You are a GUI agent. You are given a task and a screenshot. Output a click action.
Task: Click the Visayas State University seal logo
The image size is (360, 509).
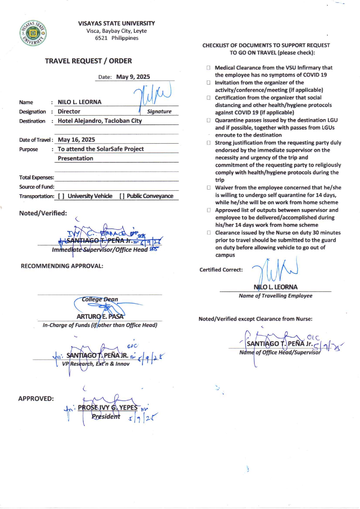33,33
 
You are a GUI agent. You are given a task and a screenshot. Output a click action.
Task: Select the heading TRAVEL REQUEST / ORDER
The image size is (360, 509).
88,61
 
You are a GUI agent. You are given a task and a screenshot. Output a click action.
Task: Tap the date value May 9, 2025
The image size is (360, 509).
133,77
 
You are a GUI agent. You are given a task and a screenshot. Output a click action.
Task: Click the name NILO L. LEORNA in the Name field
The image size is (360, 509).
80,102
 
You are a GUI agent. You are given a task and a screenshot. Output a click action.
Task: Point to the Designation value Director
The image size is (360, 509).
69,111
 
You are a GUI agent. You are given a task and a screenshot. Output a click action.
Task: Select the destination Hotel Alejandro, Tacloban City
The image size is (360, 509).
100,121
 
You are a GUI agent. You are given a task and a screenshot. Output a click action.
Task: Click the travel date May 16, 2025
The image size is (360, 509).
76,140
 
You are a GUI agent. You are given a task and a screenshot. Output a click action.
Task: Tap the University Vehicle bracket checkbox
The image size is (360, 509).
61,196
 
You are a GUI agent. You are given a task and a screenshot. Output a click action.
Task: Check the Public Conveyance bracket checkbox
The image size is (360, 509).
122,196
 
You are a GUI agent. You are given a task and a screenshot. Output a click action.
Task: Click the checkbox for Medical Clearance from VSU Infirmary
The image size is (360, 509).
208,68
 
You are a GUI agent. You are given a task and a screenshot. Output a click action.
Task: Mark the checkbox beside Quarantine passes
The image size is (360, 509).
208,120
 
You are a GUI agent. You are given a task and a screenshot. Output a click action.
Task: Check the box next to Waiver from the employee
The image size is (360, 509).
208,188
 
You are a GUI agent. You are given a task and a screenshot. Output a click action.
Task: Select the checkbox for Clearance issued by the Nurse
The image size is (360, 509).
208,233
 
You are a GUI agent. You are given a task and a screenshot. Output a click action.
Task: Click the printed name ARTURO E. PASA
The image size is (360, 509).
100,316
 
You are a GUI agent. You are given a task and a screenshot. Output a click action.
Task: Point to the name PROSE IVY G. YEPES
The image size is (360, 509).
107,408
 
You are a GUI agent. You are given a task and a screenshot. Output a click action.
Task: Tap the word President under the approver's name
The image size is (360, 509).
106,417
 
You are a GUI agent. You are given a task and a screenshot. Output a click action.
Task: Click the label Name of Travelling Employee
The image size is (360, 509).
275,296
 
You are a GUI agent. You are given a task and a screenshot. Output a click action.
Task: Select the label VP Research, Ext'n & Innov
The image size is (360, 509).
96,364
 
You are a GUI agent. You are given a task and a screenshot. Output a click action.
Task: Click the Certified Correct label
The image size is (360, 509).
221,270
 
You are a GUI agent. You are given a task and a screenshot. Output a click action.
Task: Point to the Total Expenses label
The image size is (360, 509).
37,177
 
